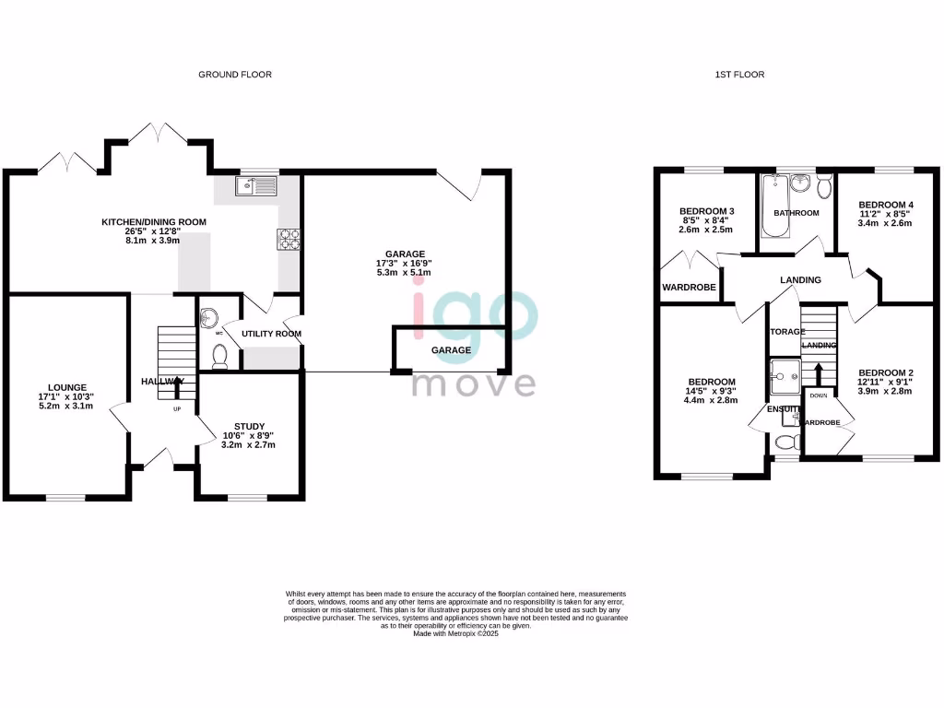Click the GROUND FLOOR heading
[235, 75]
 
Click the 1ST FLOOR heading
[741, 75]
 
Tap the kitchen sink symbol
[255, 187]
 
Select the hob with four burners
[288, 239]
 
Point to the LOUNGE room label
[68, 387]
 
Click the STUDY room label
[249, 426]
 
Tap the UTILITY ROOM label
[271, 334]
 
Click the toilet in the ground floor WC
[219, 354]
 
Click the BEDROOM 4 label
[886, 205]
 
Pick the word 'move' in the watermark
[473, 382]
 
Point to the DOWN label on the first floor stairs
[819, 395]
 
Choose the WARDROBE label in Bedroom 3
[689, 288]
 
